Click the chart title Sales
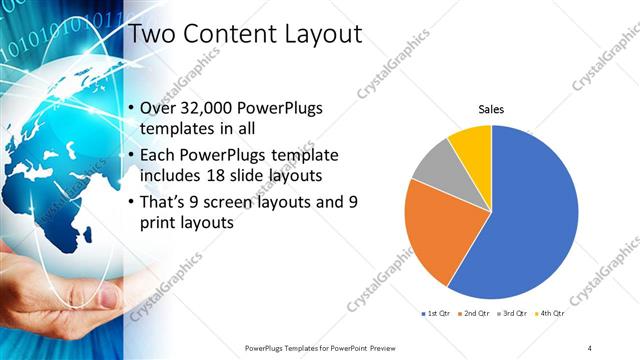491,108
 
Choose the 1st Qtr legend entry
436,315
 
